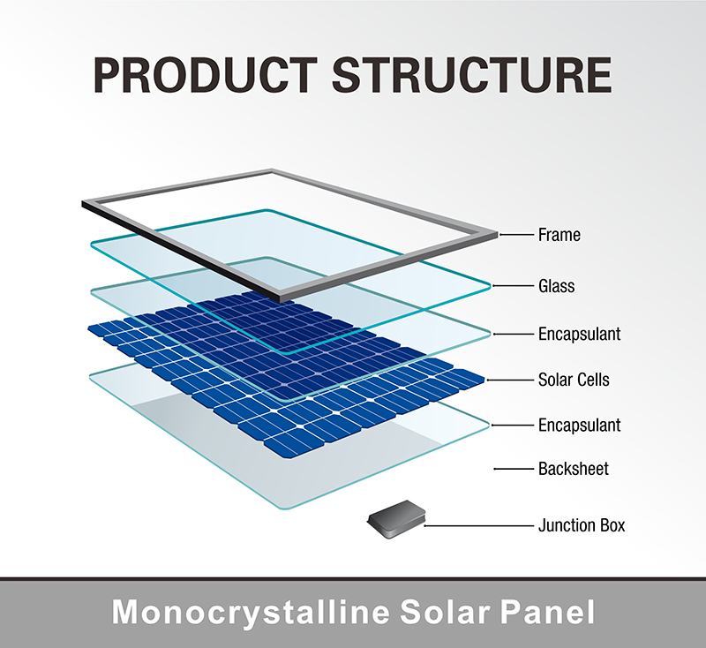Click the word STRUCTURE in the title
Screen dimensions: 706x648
click(x=472, y=75)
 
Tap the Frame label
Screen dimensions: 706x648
click(x=560, y=235)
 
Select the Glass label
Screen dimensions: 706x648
click(x=557, y=286)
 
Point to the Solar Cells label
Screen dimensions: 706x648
click(x=574, y=380)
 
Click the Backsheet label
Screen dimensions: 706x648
click(x=573, y=469)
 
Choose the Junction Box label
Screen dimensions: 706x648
click(x=582, y=525)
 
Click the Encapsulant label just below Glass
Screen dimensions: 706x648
click(x=580, y=334)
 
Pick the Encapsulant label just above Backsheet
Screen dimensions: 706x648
click(x=580, y=426)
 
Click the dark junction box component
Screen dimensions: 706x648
click(x=396, y=519)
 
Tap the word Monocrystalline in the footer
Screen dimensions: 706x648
click(x=251, y=613)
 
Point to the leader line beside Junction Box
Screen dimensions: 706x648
click(x=478, y=525)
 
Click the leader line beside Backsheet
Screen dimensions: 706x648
click(x=514, y=469)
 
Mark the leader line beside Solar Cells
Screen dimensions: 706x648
click(x=510, y=381)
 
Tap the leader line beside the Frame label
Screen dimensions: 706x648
click(x=516, y=235)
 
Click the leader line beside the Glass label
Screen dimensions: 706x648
click(x=513, y=285)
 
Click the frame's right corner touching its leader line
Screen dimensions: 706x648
click(x=497, y=235)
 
